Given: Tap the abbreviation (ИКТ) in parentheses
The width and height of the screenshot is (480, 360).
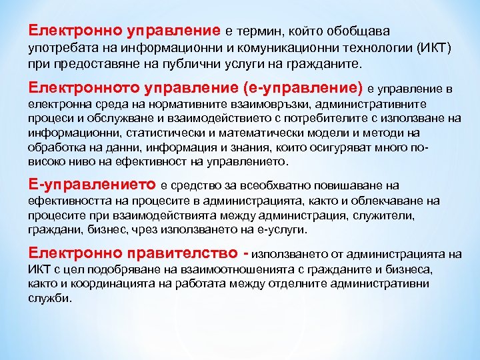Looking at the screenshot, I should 434,49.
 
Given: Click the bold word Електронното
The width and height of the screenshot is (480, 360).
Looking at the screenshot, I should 77,88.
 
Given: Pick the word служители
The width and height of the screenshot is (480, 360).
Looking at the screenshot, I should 385,215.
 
